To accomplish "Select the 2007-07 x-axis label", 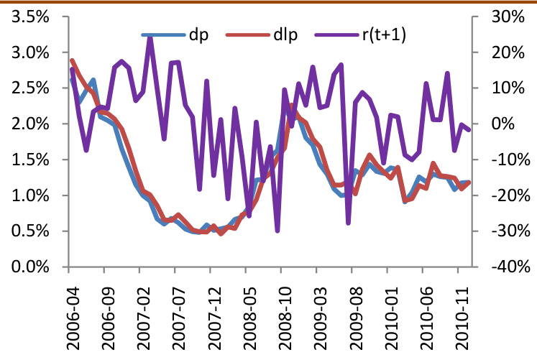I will [x=175, y=310].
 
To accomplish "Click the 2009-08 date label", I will [x=352, y=310].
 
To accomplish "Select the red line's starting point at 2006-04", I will [x=72, y=60].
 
